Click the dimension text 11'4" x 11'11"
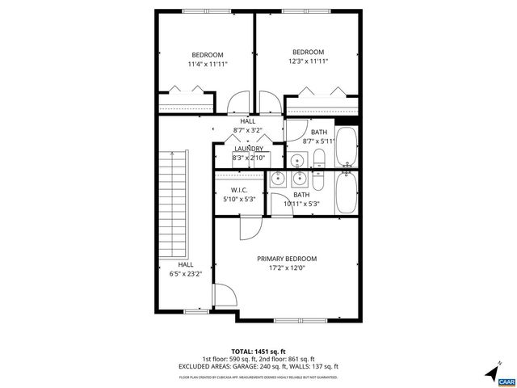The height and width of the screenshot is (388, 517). pos(207,64)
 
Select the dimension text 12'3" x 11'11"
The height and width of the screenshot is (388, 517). pos(308,61)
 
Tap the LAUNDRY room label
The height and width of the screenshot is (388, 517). pos(248,149)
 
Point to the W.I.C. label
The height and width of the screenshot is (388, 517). pos(239,191)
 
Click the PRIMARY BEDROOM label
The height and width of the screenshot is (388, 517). pos(287,259)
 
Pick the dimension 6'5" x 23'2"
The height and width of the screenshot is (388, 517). pos(185,273)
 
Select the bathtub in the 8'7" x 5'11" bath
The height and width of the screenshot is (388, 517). pos(347,146)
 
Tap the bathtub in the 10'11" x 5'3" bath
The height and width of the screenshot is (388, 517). pos(347,194)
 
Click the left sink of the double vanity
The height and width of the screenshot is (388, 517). pos(278,179)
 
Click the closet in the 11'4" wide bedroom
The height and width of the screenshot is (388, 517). pos(187,103)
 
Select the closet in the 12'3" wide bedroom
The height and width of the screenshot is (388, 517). pos(322,103)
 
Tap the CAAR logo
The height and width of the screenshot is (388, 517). pos(506,381)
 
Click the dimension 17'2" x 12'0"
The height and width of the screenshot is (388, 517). pos(287,268)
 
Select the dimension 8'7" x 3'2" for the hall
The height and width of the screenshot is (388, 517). pos(247,129)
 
